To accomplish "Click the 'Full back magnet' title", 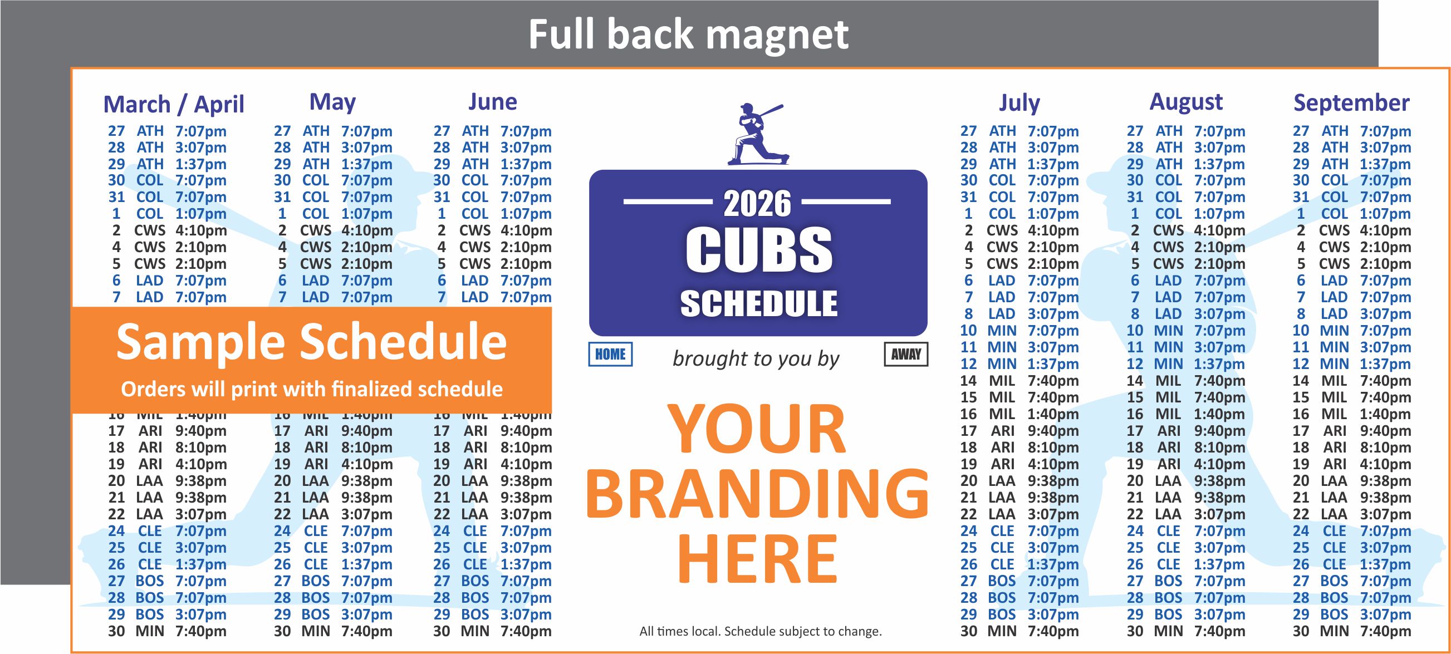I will tap(688, 35).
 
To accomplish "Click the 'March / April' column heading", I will tap(174, 104).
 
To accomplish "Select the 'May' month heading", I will tap(332, 102).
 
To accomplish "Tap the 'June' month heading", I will tap(492, 102).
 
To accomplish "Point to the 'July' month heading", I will tap(1019, 103).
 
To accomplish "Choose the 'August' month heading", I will tap(1186, 102).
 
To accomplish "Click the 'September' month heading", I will tap(1351, 103).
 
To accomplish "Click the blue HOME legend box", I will tap(610, 355).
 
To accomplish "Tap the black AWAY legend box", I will tap(906, 355).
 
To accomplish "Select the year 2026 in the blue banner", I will tap(757, 203).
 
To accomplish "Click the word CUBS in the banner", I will tap(758, 249).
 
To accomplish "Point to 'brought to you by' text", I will tap(756, 358).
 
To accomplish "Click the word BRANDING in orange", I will tap(757, 494).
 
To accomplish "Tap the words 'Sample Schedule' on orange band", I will tap(311, 341).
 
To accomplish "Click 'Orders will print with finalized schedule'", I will tap(311, 389).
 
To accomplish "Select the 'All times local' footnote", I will tap(761, 632).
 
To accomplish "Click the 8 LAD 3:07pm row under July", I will tap(1019, 314).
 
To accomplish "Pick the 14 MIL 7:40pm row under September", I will tap(1351, 381).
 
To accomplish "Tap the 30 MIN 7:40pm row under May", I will tap(333, 632).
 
